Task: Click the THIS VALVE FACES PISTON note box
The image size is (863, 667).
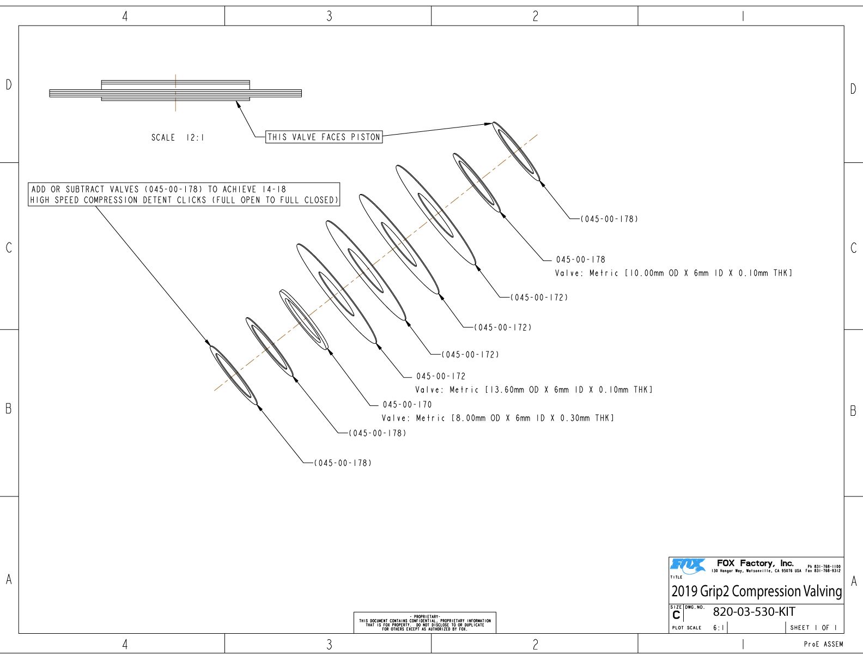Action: click(x=324, y=137)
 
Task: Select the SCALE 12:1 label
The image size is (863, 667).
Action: click(x=178, y=138)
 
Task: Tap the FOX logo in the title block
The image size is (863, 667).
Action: click(x=688, y=566)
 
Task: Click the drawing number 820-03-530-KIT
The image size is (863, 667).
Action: click(x=754, y=612)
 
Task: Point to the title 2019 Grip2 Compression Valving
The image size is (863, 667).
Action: click(x=757, y=591)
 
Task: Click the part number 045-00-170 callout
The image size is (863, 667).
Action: click(x=407, y=404)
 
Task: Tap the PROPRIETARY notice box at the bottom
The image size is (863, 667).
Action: click(x=425, y=623)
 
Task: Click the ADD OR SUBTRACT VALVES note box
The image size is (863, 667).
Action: click(x=184, y=195)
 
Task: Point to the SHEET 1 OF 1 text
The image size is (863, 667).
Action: click(x=813, y=628)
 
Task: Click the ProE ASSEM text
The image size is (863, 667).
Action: click(x=823, y=644)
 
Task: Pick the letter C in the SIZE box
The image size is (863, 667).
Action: click(x=676, y=615)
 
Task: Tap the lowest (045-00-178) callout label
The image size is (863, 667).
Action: click(x=343, y=463)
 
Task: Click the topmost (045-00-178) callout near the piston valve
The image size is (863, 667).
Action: click(x=609, y=219)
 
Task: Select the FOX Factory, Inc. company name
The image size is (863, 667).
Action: click(x=755, y=563)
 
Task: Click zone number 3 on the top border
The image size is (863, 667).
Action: click(x=329, y=16)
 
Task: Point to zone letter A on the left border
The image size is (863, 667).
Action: click(x=9, y=580)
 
